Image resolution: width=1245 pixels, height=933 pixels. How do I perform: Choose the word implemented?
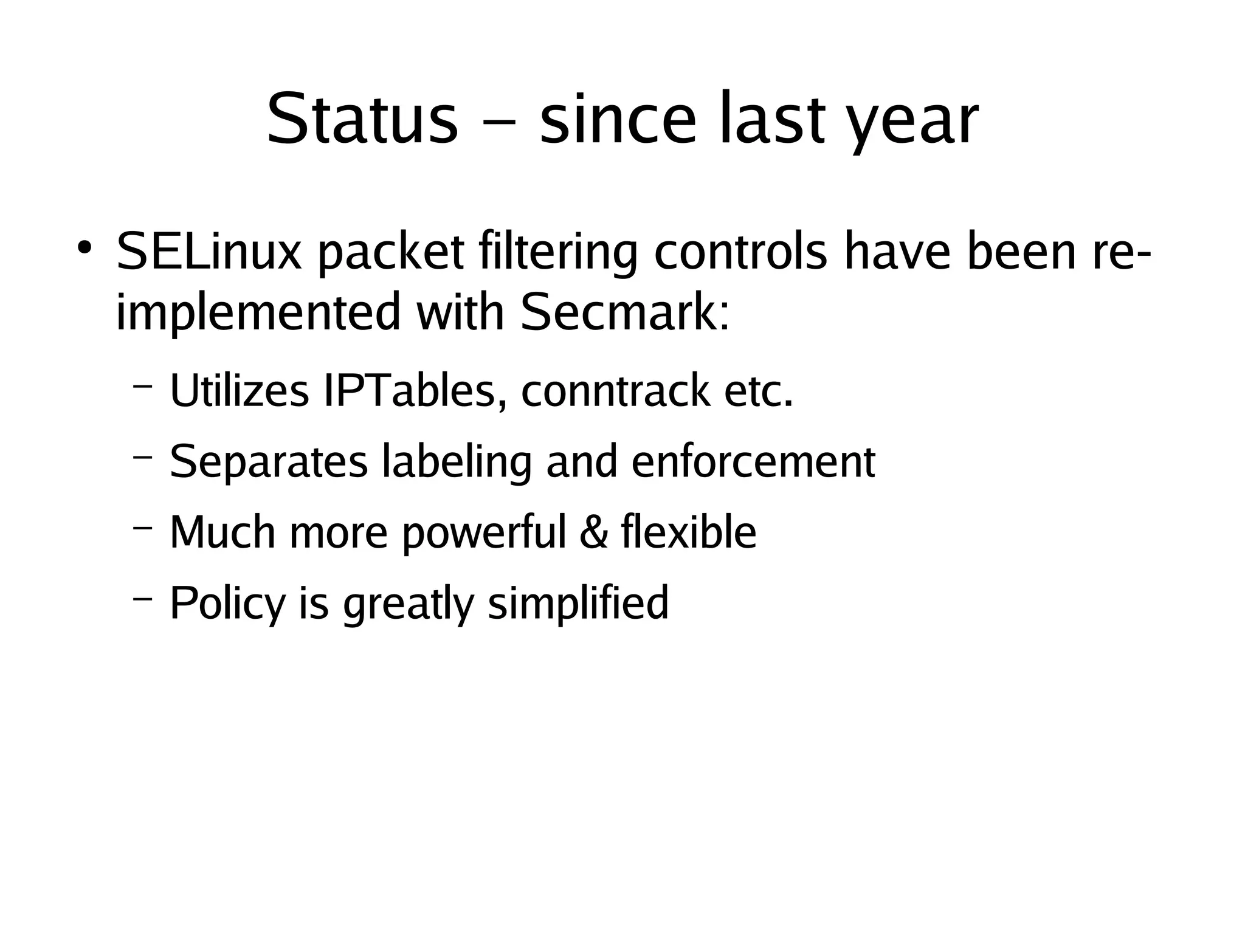(258, 314)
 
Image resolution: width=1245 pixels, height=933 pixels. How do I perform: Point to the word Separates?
(269, 462)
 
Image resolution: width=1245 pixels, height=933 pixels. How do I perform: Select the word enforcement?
(753, 462)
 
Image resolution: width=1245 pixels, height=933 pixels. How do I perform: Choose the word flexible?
(689, 532)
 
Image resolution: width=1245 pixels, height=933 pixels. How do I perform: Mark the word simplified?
(578, 604)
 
